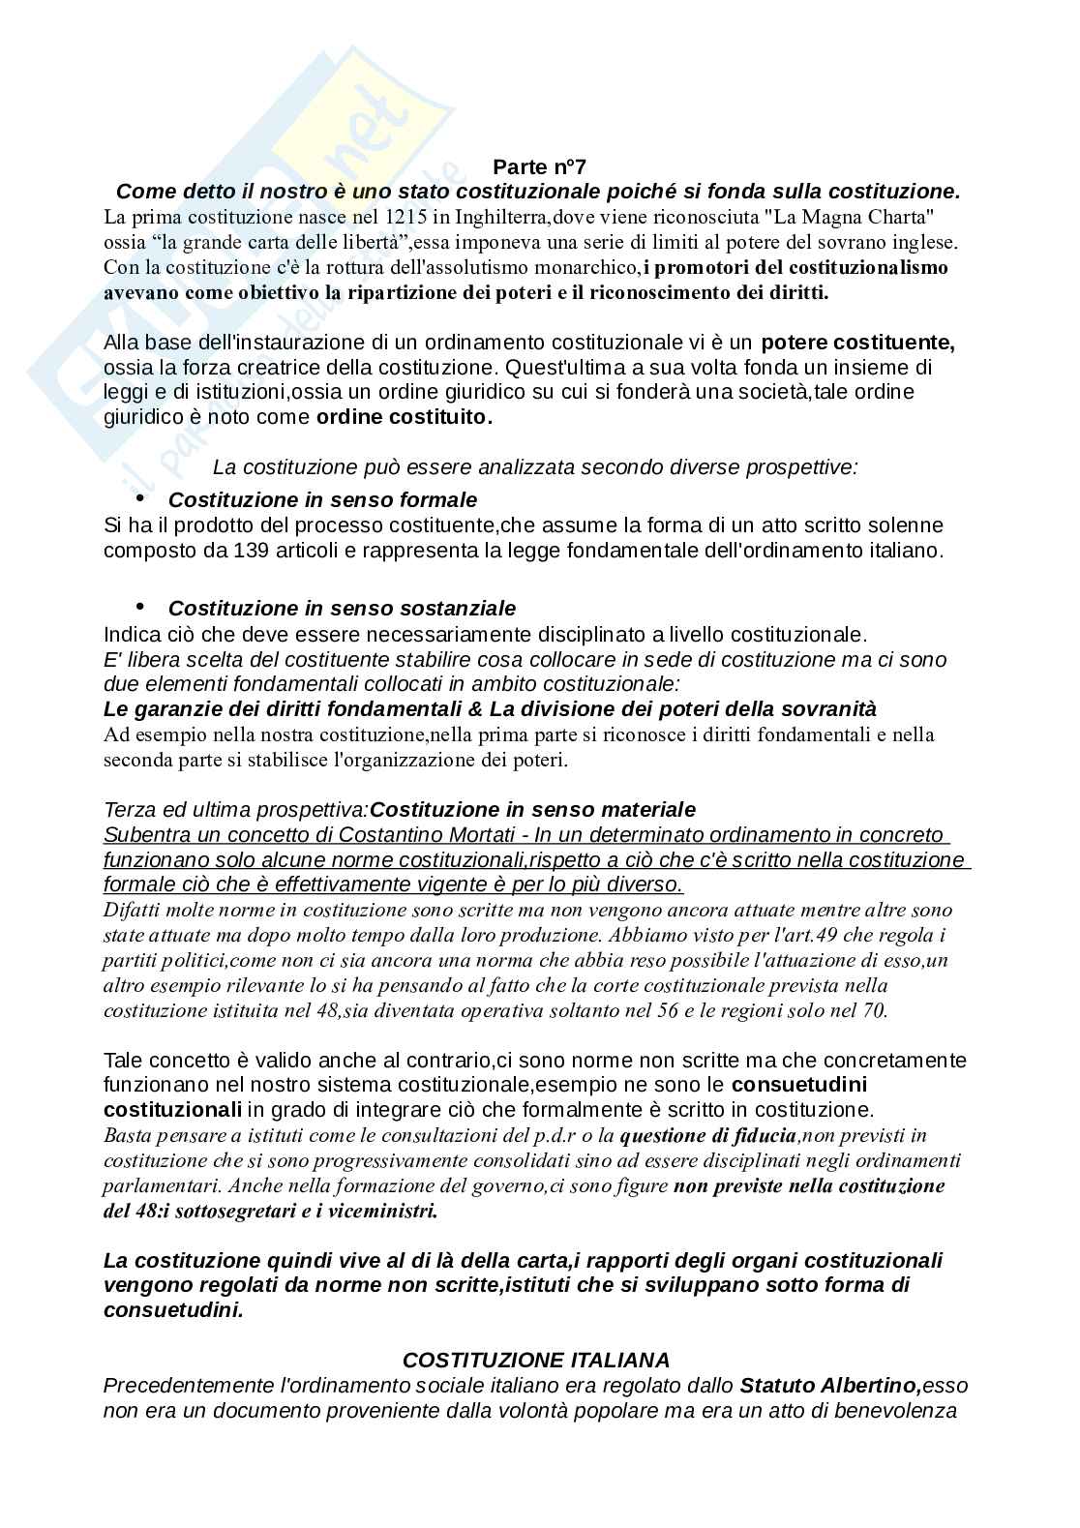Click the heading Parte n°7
(x=540, y=166)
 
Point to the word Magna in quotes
(x=843, y=217)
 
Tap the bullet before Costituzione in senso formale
(x=141, y=497)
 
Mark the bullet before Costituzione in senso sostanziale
(x=141, y=606)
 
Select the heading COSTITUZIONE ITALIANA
(x=536, y=1361)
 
